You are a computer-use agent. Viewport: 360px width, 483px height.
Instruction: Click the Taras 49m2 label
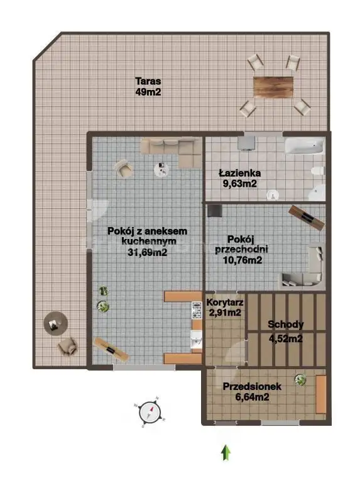click(x=148, y=87)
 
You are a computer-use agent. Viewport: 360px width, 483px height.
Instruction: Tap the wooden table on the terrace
click(x=273, y=87)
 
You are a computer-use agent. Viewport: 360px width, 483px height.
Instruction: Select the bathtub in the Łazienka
click(x=304, y=146)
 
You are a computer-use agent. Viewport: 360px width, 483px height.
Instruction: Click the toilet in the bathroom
click(x=318, y=170)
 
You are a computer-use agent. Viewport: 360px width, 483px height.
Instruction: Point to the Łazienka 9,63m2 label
click(x=240, y=179)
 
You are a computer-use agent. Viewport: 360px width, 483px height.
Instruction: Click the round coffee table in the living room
click(x=161, y=169)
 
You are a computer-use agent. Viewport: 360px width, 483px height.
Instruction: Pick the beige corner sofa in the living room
click(x=171, y=152)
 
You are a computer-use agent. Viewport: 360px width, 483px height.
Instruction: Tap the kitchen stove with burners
click(x=197, y=310)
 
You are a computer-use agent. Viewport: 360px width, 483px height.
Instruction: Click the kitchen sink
click(x=196, y=340)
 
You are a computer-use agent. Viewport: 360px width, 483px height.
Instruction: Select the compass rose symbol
click(x=150, y=412)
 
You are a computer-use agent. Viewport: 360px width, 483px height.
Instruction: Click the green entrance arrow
click(x=226, y=453)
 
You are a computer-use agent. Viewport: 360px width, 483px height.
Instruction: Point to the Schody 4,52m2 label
click(x=286, y=331)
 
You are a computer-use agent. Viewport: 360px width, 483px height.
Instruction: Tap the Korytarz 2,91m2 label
click(x=225, y=308)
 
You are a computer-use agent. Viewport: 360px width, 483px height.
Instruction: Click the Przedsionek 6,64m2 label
click(x=252, y=392)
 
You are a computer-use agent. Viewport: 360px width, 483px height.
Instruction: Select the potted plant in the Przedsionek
click(x=300, y=379)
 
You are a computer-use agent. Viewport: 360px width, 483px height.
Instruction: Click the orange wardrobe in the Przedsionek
click(x=321, y=394)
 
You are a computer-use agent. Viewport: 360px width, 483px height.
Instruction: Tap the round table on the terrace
click(x=55, y=323)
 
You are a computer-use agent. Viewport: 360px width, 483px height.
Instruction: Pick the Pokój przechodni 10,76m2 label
click(x=242, y=250)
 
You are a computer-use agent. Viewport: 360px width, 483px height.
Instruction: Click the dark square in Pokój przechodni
click(x=214, y=211)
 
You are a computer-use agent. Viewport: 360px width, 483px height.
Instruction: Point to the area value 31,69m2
click(x=148, y=252)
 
